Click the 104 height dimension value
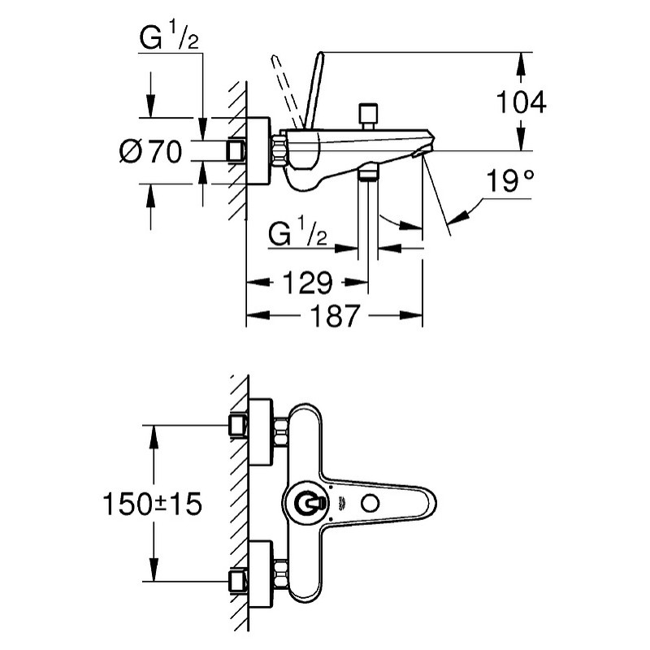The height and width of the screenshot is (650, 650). [521, 102]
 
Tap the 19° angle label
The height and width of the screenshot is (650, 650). [510, 180]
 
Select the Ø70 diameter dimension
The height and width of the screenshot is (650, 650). [150, 151]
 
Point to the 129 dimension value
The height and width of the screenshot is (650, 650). [308, 283]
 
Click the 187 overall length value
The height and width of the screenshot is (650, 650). [335, 316]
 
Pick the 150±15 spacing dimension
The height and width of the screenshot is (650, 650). [152, 504]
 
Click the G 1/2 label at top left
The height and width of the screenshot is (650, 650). [169, 38]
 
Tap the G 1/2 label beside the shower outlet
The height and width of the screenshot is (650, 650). [297, 233]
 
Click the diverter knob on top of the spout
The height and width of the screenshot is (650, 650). [368, 116]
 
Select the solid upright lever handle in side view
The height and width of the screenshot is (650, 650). [313, 90]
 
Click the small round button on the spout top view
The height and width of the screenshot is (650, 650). [370, 504]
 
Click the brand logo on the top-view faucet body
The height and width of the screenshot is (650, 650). [343, 503]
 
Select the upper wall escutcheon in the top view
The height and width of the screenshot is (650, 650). [261, 432]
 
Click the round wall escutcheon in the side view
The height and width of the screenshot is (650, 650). [258, 151]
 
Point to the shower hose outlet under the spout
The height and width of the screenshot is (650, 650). [368, 172]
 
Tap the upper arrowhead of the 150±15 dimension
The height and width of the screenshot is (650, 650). [154, 436]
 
